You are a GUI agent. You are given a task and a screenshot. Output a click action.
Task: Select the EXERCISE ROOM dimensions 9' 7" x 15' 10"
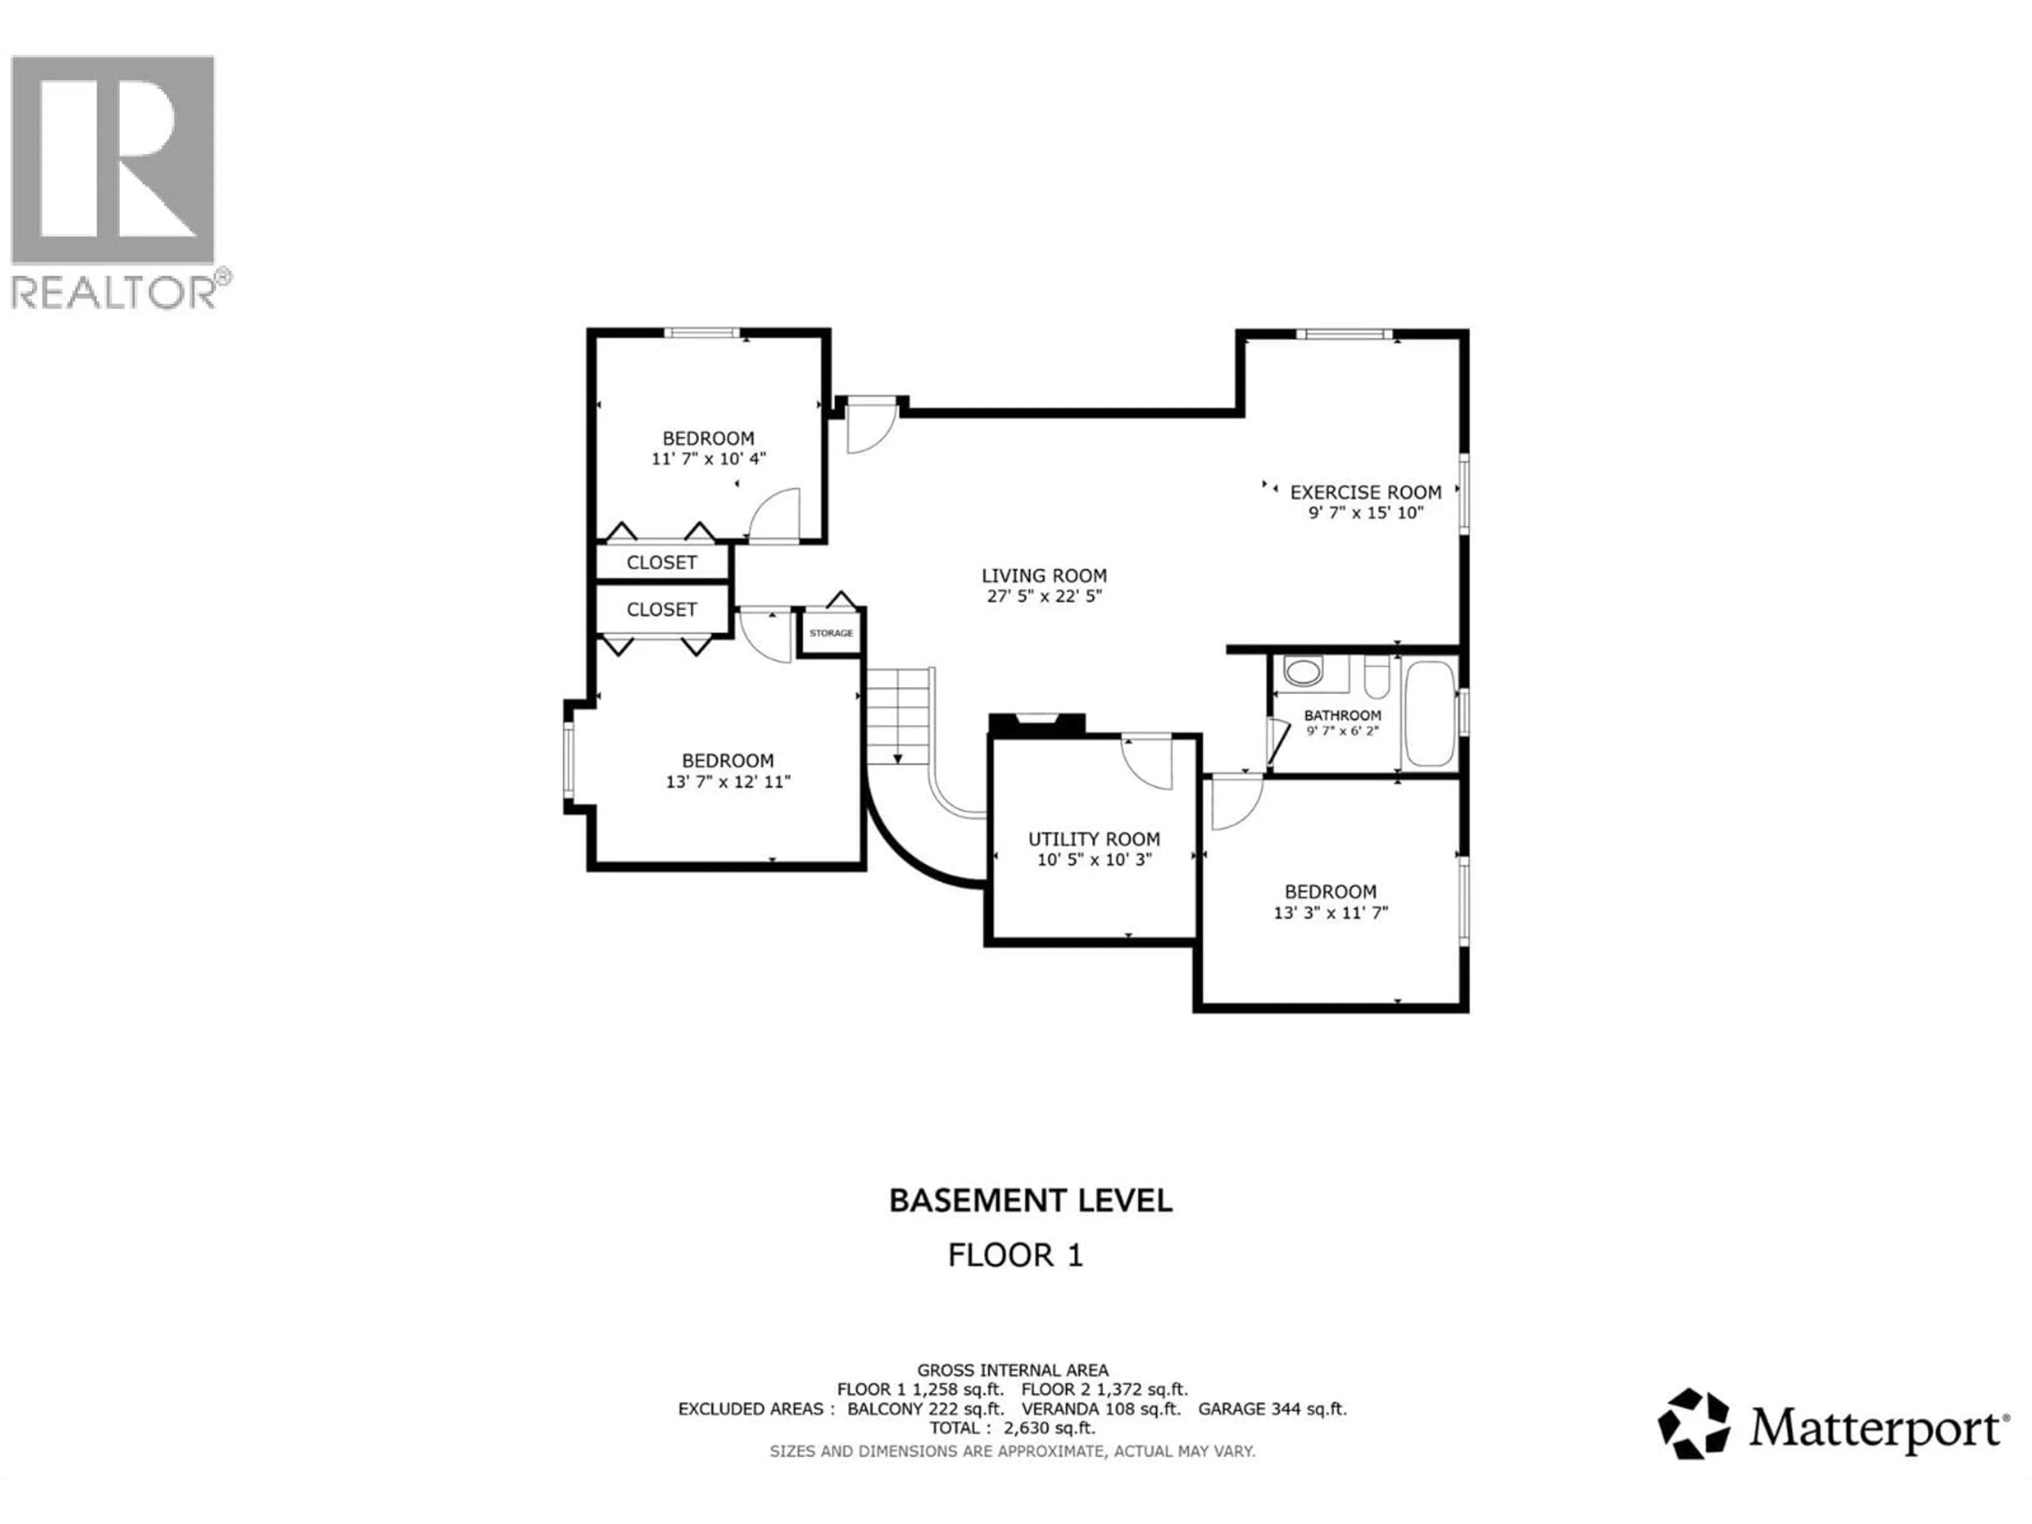pyautogui.click(x=1365, y=513)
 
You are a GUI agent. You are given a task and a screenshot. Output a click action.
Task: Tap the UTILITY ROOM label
pyautogui.click(x=1093, y=839)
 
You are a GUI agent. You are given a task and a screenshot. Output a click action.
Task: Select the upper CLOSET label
pyautogui.click(x=661, y=562)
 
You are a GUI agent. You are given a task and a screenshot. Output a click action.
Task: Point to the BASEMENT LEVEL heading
pyautogui.click(x=1030, y=1201)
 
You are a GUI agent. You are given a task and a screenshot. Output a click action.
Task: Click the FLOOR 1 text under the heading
pyautogui.click(x=1015, y=1255)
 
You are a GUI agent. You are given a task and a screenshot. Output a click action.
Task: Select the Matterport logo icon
pyautogui.click(x=1693, y=1424)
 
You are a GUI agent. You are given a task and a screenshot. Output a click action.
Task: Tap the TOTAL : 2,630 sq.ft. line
pyautogui.click(x=1011, y=1428)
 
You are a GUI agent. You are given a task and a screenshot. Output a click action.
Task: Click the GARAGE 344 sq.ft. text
pyautogui.click(x=1272, y=1408)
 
